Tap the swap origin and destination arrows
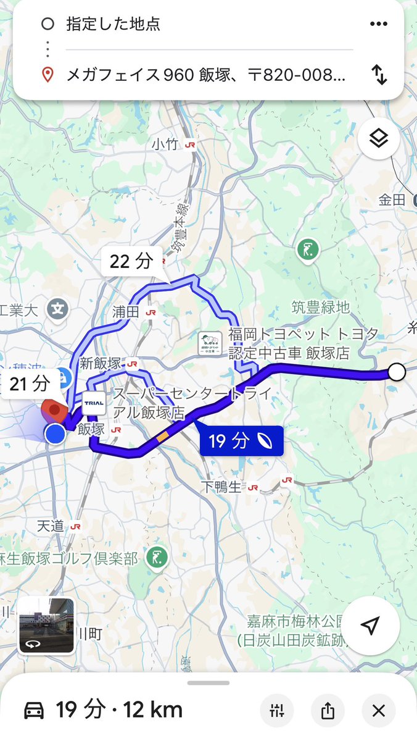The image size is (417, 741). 379,75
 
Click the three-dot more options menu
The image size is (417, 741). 378,24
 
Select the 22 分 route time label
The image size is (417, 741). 131,261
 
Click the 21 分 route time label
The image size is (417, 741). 30,384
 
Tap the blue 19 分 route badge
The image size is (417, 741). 241,441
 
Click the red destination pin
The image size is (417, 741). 55,411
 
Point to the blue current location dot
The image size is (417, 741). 56,433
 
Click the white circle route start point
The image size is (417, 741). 397,372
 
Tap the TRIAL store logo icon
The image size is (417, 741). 94,403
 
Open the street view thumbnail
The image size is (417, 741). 46,626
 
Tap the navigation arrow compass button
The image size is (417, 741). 370,627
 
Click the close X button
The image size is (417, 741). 378,711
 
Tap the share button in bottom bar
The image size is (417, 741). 328,711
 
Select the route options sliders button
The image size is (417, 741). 276,711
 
